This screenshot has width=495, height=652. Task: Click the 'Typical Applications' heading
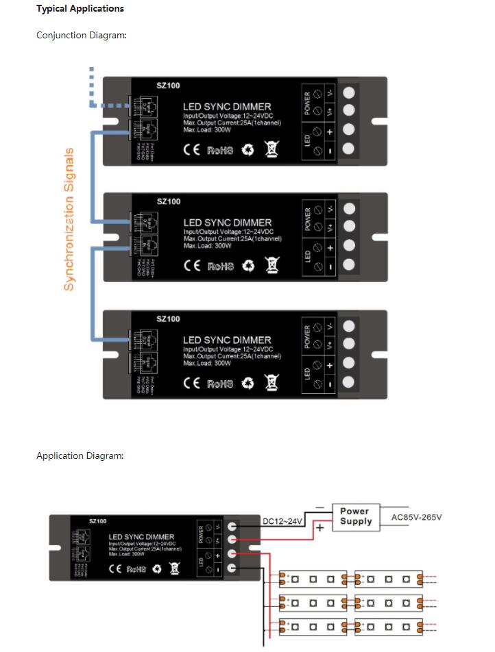[80, 9]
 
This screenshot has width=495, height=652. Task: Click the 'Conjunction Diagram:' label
[81, 35]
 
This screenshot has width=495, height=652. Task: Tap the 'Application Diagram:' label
[80, 455]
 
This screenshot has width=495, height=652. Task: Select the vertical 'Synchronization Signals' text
[69, 219]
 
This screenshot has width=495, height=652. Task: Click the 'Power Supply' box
[354, 516]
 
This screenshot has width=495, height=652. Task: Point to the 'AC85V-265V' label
[416, 517]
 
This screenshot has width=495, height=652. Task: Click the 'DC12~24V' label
[282, 522]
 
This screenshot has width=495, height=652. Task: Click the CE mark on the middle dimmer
[192, 266]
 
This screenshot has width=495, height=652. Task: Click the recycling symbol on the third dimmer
[247, 384]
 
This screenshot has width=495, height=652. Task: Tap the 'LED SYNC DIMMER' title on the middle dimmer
[227, 223]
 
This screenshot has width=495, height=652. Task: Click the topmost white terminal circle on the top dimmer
[349, 91]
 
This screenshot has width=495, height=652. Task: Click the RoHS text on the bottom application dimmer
[138, 569]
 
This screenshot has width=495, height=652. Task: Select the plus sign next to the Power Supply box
[319, 528]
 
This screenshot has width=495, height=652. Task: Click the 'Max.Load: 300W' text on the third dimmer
[207, 363]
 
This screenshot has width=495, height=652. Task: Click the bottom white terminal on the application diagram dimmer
[232, 569]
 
